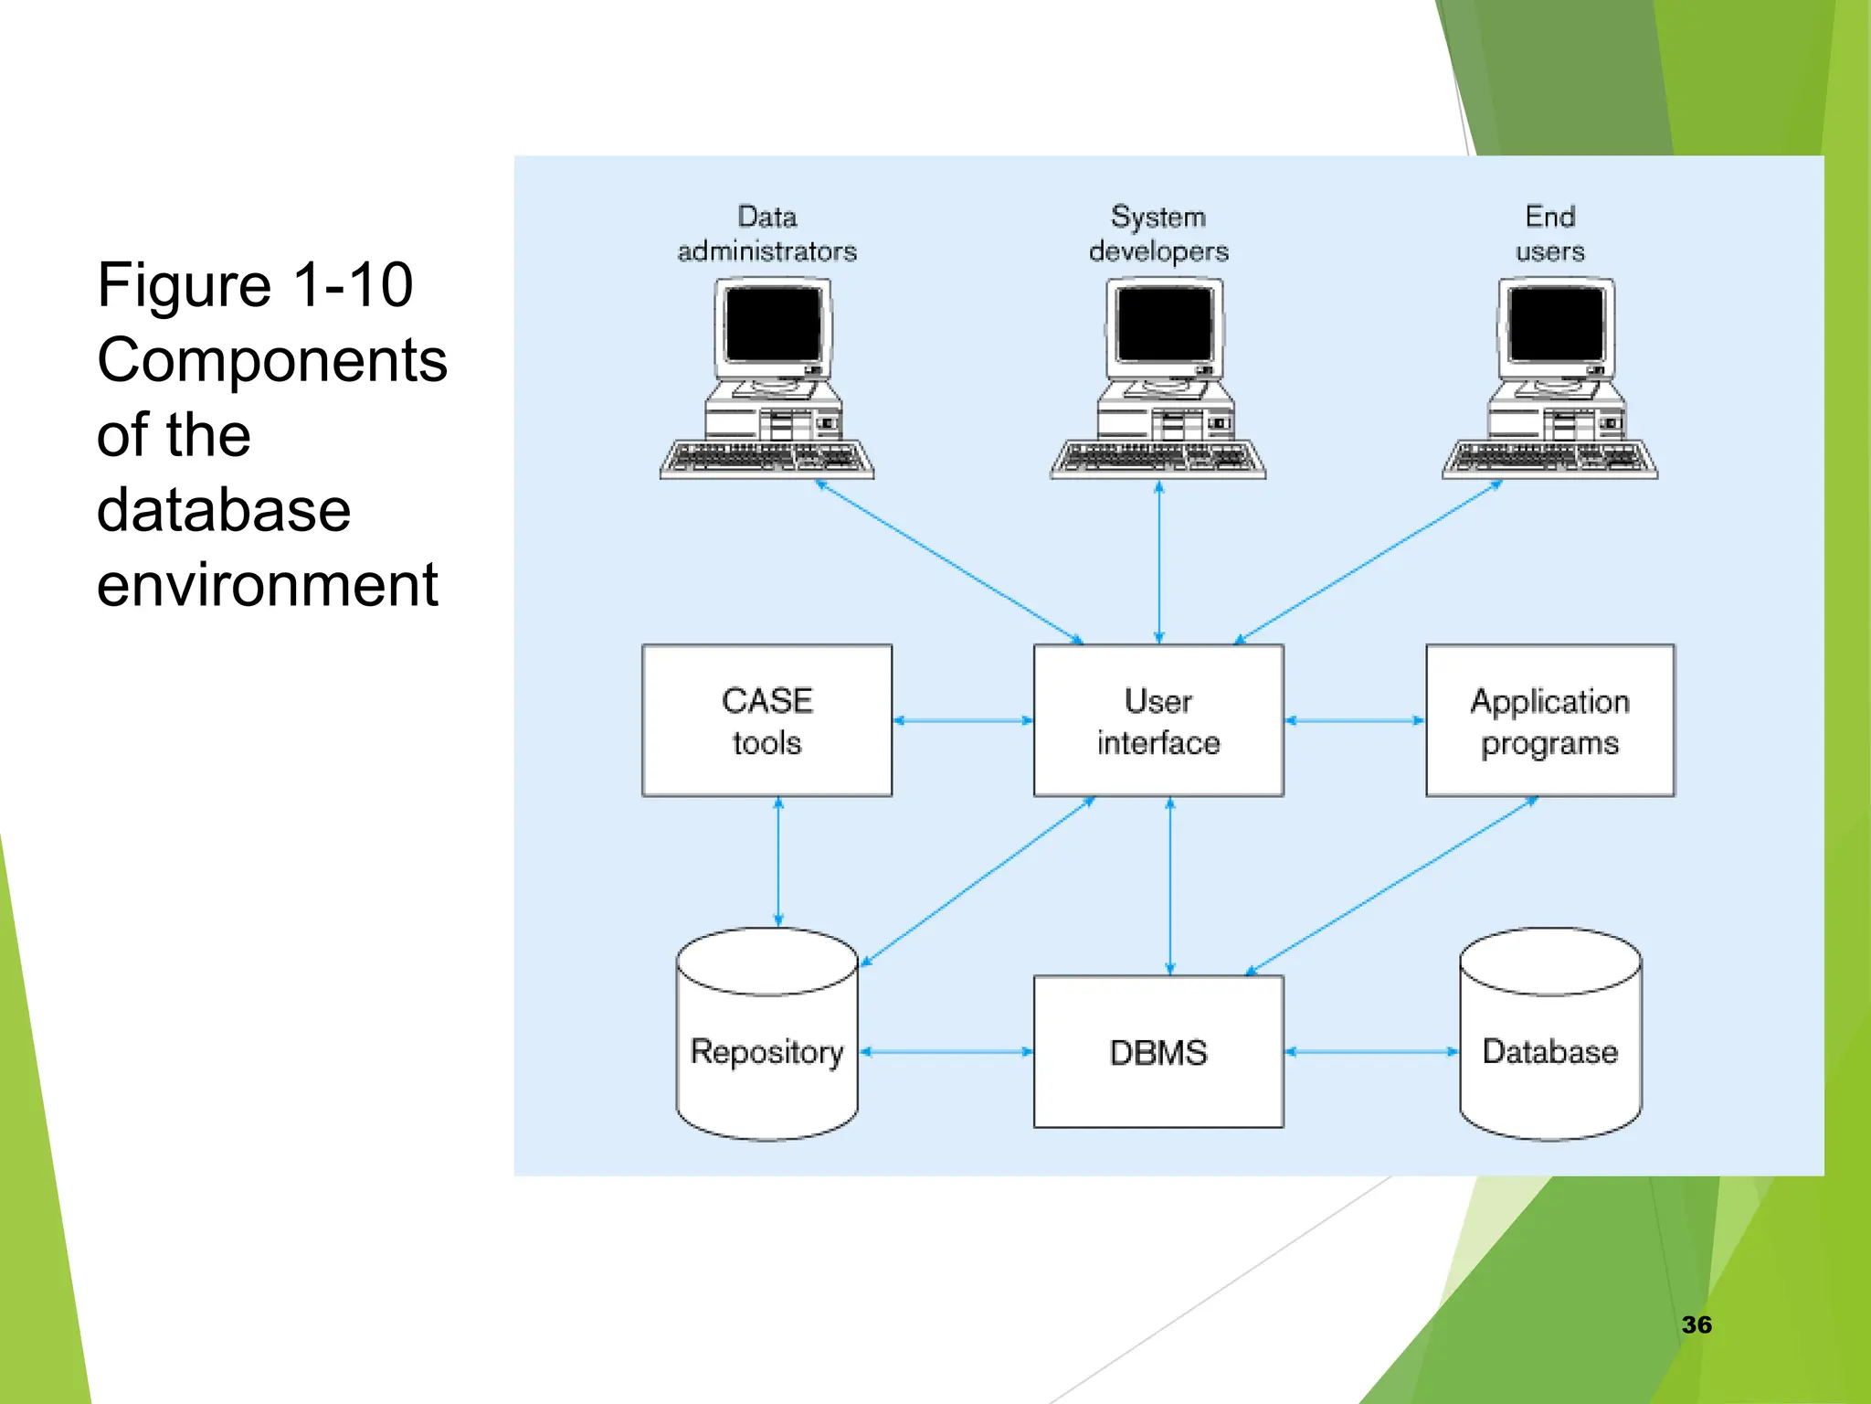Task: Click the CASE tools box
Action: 766,720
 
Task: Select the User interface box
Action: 1158,720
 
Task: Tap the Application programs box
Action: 1549,720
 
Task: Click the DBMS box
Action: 1158,1052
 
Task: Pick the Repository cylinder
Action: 766,1051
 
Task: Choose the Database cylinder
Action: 1549,1051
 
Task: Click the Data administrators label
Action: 766,234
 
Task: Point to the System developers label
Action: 1158,234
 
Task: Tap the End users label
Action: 1549,234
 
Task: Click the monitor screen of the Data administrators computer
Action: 773,324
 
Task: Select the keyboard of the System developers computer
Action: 1157,457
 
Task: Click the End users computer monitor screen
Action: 1556,324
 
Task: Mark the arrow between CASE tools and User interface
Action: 963,720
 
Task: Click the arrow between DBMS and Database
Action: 1371,1052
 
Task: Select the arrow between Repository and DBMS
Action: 946,1052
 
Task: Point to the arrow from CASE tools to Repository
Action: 778,862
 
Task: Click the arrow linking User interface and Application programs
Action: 1355,720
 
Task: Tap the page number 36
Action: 1697,1324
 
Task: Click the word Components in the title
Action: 272,360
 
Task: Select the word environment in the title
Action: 267,585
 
